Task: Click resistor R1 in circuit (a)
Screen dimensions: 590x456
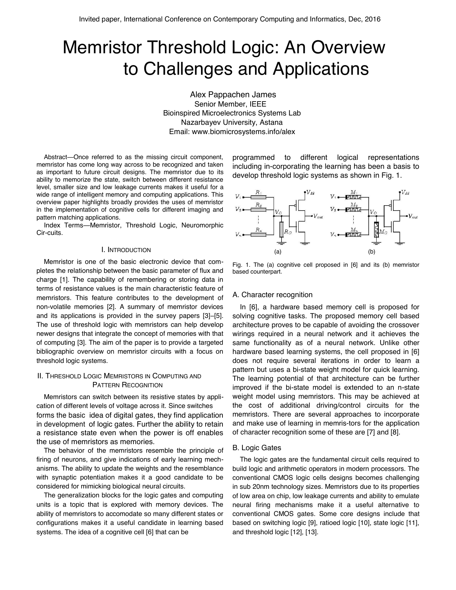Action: (258, 197)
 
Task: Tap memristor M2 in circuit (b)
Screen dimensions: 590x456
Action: (353, 209)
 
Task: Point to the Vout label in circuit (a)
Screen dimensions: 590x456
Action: (318, 216)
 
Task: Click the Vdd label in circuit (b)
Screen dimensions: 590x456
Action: (405, 192)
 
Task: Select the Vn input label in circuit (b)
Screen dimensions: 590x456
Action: (333, 235)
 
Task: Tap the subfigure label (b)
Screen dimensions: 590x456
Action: (372, 252)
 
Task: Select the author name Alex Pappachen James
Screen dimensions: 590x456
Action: (233, 95)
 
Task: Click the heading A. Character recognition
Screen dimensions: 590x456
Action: (272, 295)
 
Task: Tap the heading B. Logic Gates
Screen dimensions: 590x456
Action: (256, 448)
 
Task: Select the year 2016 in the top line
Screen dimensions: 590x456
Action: (372, 19)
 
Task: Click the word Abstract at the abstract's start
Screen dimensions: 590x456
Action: (55, 157)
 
